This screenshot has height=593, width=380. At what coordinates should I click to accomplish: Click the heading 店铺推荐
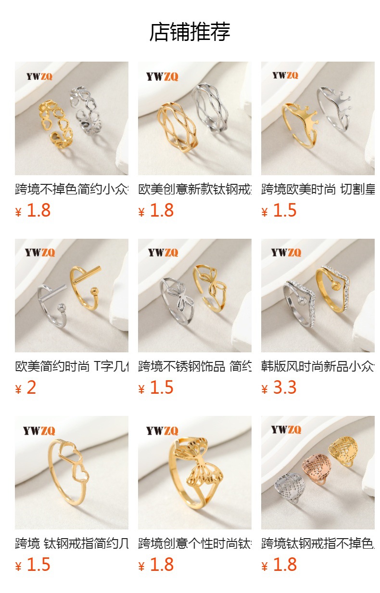click(190, 32)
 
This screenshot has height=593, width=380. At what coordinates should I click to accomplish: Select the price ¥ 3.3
click(279, 387)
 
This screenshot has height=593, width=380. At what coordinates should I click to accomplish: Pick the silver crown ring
click(334, 108)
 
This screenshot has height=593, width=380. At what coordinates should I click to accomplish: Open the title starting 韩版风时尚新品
click(317, 366)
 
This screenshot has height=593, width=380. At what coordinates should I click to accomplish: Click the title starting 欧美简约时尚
click(72, 366)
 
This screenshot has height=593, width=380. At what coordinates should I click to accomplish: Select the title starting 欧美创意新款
click(194, 189)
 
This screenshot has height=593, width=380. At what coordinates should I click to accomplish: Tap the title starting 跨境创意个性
click(194, 543)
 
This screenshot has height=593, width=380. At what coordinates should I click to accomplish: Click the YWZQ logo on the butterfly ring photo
click(162, 431)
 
